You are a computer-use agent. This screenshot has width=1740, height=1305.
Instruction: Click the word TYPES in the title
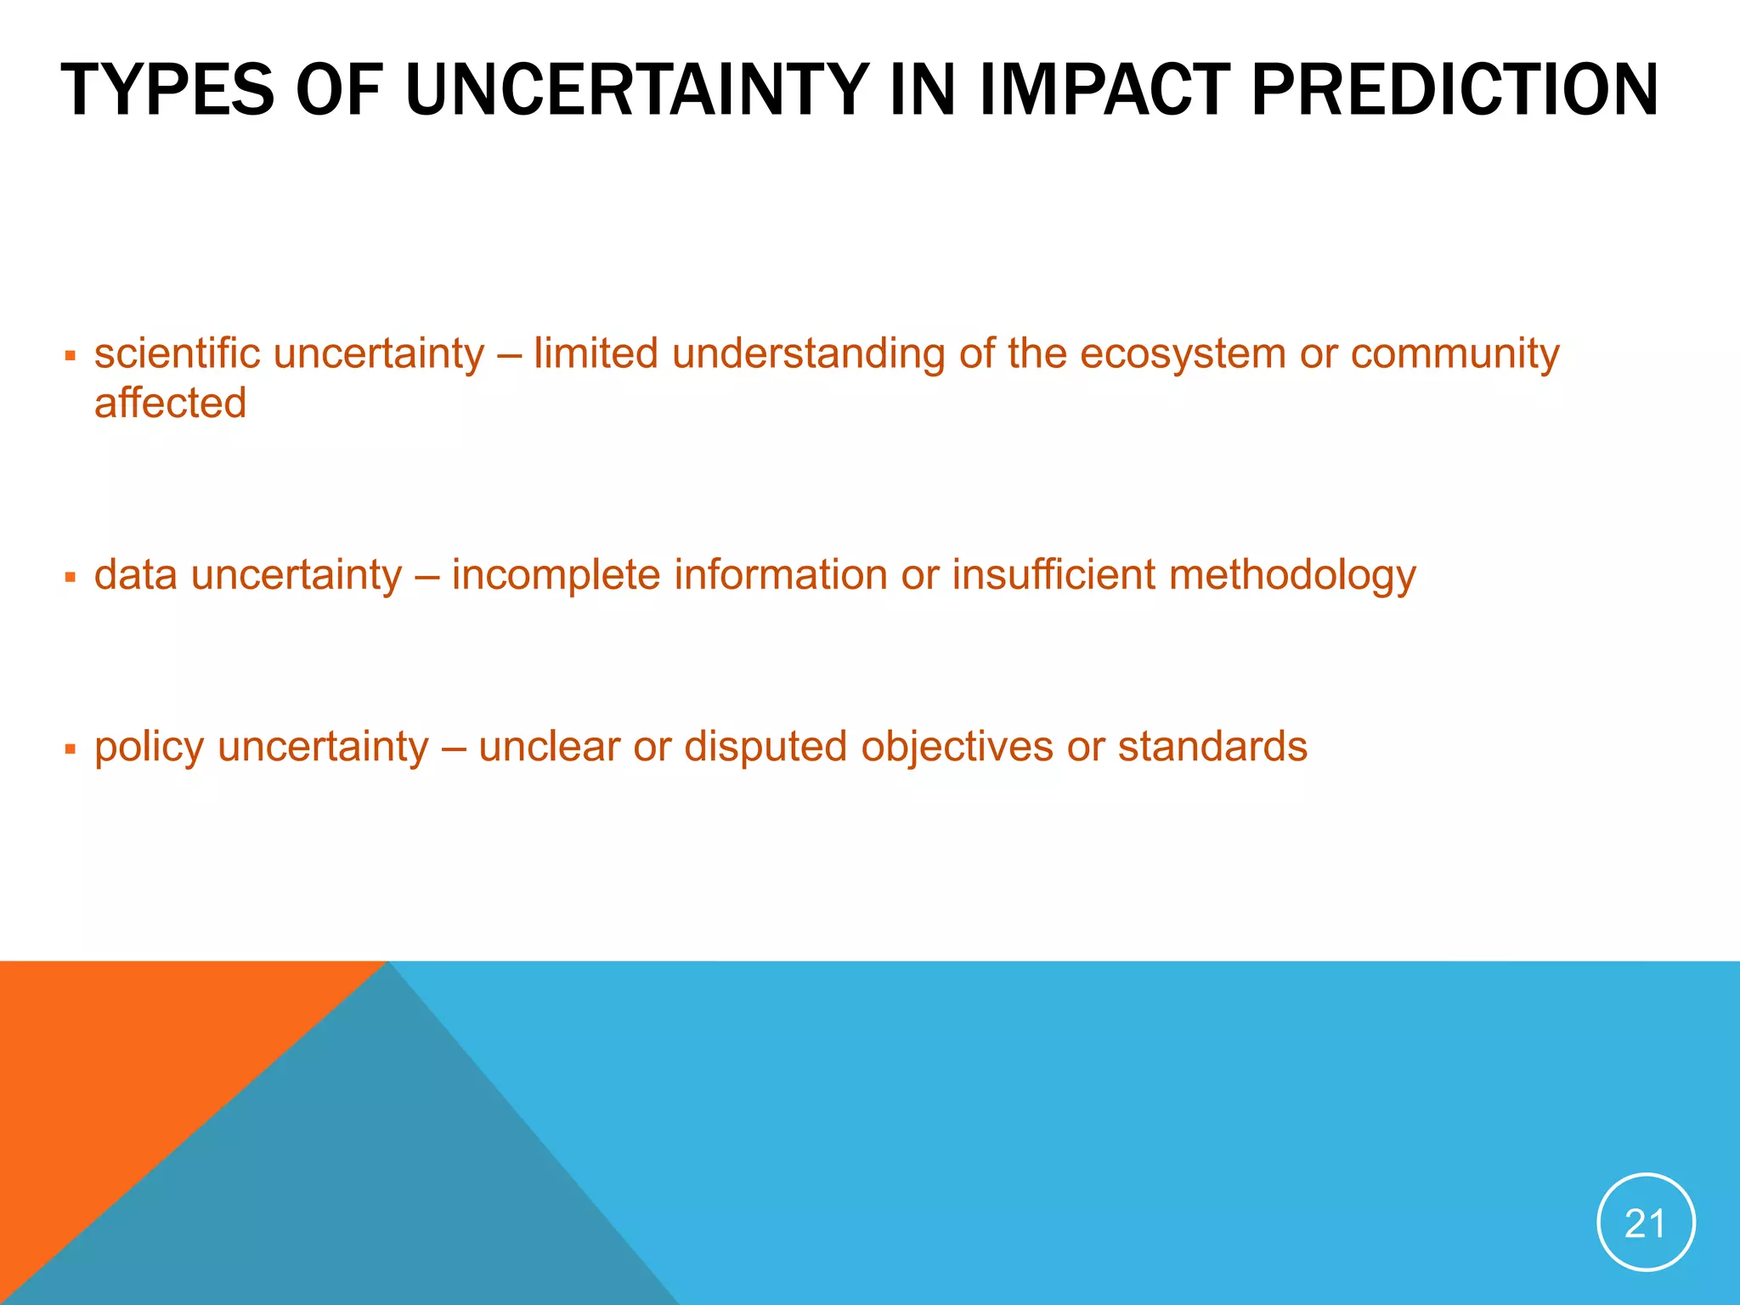point(167,90)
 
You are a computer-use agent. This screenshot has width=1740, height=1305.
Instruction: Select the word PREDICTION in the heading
point(1455,90)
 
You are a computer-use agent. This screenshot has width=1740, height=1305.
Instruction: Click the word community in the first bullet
point(1455,355)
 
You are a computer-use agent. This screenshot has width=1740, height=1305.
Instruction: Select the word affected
point(170,403)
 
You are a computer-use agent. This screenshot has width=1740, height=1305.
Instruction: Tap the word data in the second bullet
point(135,575)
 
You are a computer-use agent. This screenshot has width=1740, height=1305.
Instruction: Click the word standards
point(1212,747)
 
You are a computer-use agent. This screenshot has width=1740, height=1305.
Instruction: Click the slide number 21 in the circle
point(1645,1223)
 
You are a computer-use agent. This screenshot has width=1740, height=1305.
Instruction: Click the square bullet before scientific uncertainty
point(71,355)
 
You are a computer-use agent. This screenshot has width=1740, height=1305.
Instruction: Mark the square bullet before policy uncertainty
point(71,749)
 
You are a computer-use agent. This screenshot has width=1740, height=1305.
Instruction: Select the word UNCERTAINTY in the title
point(637,90)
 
